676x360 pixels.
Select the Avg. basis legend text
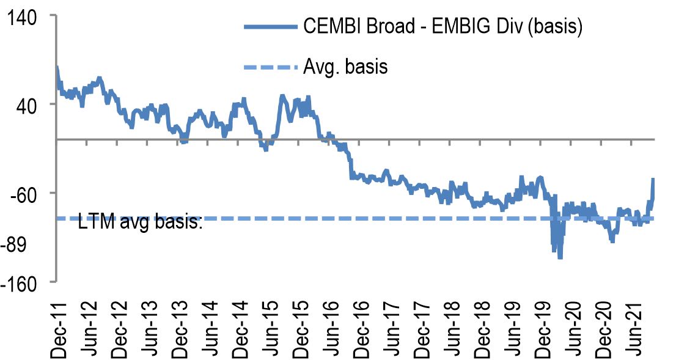click(x=345, y=66)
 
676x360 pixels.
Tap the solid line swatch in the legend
click(x=270, y=28)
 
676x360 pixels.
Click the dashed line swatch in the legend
click(x=270, y=66)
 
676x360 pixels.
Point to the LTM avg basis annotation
click(x=141, y=222)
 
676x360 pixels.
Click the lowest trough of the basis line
click(x=560, y=258)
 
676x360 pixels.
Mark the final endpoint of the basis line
click(x=653, y=179)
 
